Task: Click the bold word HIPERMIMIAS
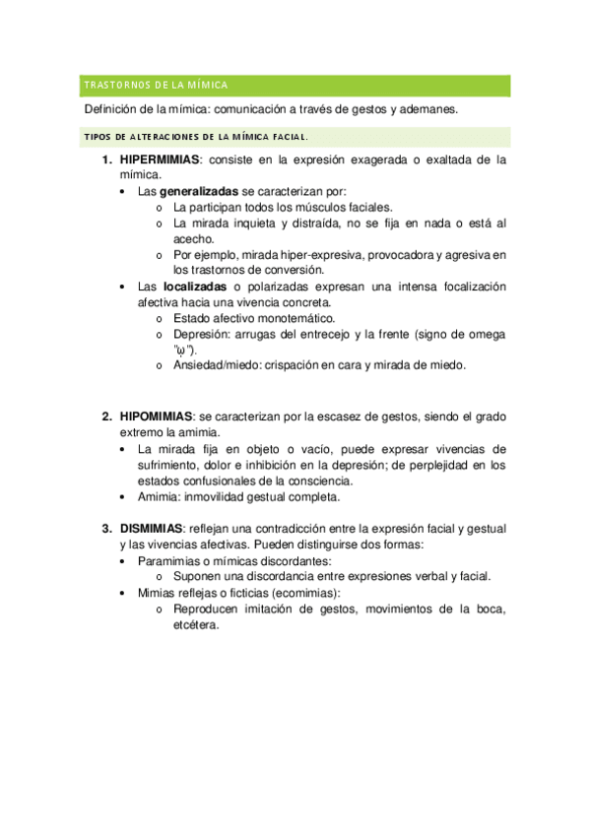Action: tap(160, 159)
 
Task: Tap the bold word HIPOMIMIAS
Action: tap(156, 416)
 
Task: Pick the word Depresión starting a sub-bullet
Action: tap(202, 334)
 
